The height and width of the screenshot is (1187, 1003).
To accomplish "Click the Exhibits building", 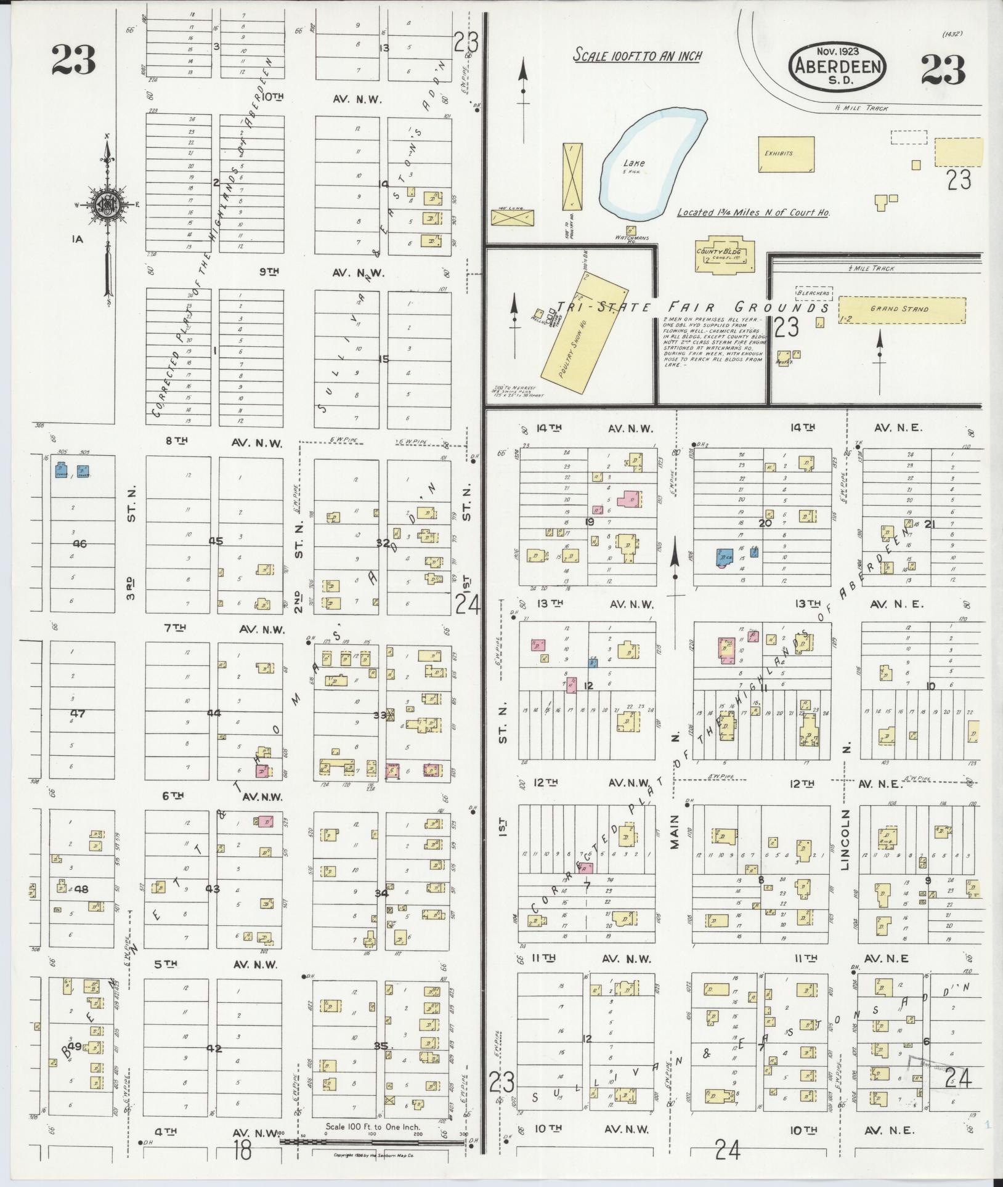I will click(x=786, y=153).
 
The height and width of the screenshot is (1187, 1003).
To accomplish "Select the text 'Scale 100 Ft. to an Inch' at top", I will click(x=638, y=55).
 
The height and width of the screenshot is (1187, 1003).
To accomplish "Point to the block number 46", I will click(x=80, y=543).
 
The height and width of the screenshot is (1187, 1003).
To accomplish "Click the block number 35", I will click(x=383, y=1046).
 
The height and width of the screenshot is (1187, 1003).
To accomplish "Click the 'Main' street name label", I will click(x=675, y=831).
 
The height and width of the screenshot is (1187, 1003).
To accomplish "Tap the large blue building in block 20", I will click(x=723, y=557).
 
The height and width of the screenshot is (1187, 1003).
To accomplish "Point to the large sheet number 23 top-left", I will click(x=73, y=60).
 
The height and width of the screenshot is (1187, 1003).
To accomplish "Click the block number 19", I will click(x=590, y=522).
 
